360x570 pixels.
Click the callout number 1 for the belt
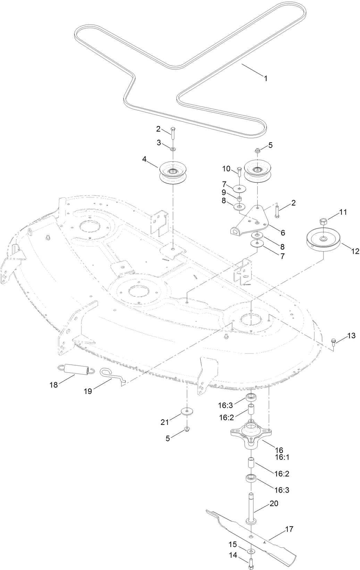click(x=266, y=79)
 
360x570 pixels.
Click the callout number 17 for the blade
click(x=289, y=529)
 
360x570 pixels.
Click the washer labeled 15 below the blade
click(x=250, y=551)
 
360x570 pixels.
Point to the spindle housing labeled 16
click(x=251, y=431)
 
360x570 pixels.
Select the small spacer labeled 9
click(x=239, y=199)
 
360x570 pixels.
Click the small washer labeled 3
click(x=173, y=149)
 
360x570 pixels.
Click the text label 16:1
click(x=282, y=457)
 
